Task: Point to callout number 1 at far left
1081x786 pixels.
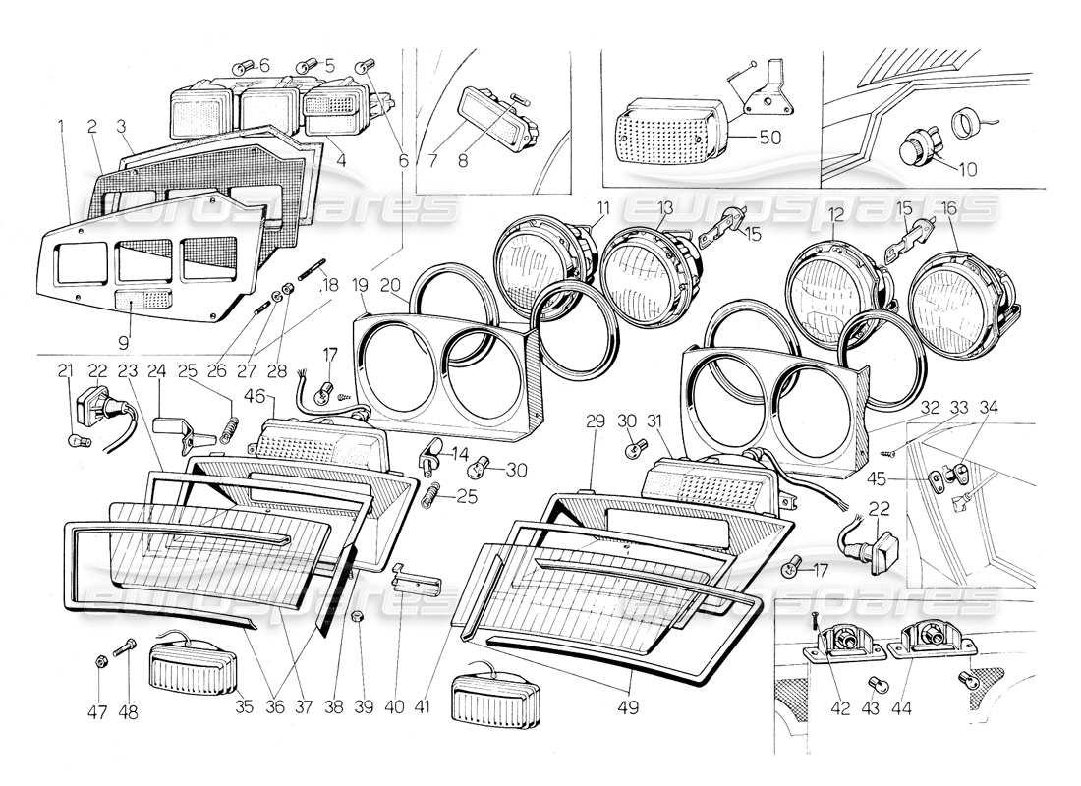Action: click(60, 126)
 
